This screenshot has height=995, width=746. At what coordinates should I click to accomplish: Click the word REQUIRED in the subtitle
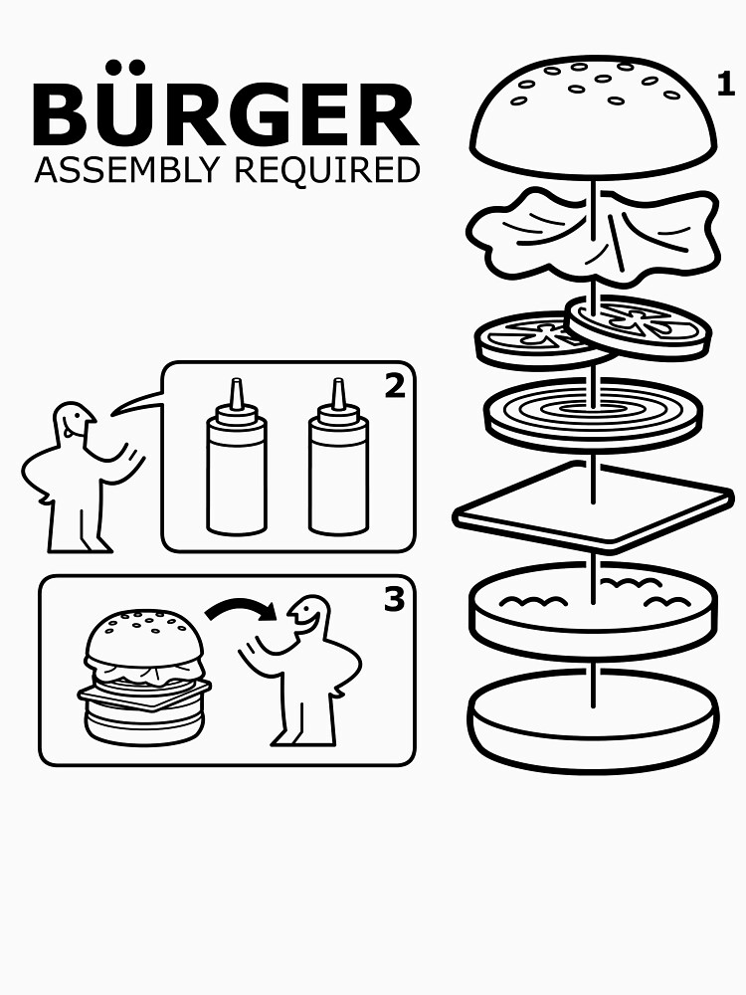tap(326, 170)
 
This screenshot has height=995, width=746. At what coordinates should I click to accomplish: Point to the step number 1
tap(726, 85)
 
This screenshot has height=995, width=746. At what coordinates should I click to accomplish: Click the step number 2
tap(395, 386)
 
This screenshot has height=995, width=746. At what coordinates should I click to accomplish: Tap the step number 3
tap(394, 600)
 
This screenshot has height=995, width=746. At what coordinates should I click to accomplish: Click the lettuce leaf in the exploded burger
tap(593, 231)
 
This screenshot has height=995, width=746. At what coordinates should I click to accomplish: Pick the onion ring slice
tap(593, 411)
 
